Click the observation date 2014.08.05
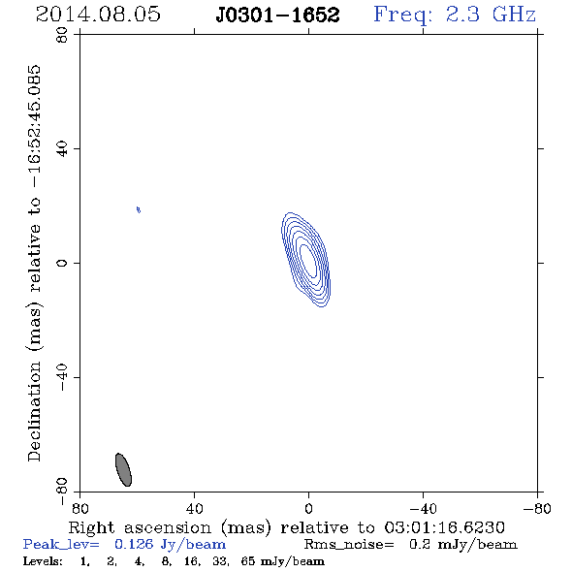(98, 15)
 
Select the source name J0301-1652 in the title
(277, 15)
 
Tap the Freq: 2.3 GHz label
(455, 15)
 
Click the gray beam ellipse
(123, 469)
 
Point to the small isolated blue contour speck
(139, 209)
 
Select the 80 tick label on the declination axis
(62, 35)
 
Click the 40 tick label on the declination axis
(62, 149)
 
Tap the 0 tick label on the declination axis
(62, 263)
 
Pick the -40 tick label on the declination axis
(62, 377)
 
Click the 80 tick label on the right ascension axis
(79, 509)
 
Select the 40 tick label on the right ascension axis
(194, 509)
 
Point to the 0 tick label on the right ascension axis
(308, 509)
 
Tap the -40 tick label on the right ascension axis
(423, 509)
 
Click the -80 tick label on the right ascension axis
(537, 509)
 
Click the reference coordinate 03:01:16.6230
(444, 527)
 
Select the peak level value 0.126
(134, 544)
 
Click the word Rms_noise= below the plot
(349, 545)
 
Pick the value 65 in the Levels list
(247, 561)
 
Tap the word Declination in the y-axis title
(34, 411)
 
